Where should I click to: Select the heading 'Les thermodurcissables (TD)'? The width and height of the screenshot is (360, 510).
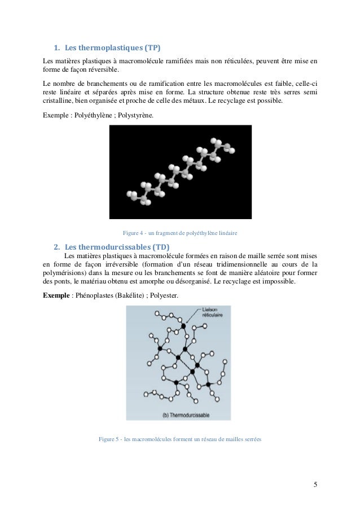[x=117, y=247]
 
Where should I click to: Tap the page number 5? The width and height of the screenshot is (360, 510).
[x=315, y=485]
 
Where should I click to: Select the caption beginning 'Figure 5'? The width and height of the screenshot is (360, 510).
[x=179, y=439]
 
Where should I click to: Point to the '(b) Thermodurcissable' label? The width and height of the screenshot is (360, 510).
[x=185, y=415]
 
